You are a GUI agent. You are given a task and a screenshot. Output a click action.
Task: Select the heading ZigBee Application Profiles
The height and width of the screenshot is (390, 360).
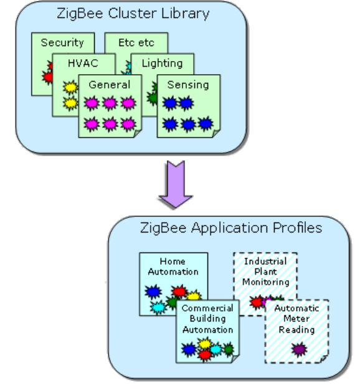click(230, 228)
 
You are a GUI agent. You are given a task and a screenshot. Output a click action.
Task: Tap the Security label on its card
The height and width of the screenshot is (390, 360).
click(62, 42)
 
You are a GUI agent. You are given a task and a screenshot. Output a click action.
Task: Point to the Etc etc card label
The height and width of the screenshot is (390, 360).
click(128, 42)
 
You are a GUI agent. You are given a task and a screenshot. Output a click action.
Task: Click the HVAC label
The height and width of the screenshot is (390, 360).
click(83, 63)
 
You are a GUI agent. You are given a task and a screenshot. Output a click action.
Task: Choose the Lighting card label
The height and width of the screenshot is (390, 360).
click(162, 63)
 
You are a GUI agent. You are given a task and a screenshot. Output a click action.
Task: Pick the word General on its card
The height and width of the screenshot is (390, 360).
click(109, 84)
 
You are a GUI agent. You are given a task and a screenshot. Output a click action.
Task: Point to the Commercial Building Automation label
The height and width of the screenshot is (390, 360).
click(207, 318)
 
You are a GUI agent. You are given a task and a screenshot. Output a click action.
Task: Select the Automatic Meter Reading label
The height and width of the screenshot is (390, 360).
click(296, 318)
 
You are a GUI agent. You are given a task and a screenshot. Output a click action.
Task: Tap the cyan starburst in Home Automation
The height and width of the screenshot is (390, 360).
click(158, 307)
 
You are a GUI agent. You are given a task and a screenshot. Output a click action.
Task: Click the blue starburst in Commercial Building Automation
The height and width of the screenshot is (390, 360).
click(188, 350)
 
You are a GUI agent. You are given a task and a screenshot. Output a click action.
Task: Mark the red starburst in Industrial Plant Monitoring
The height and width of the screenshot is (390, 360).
click(256, 303)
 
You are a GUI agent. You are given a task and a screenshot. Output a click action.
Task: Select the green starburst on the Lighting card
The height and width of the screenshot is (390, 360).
click(151, 98)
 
